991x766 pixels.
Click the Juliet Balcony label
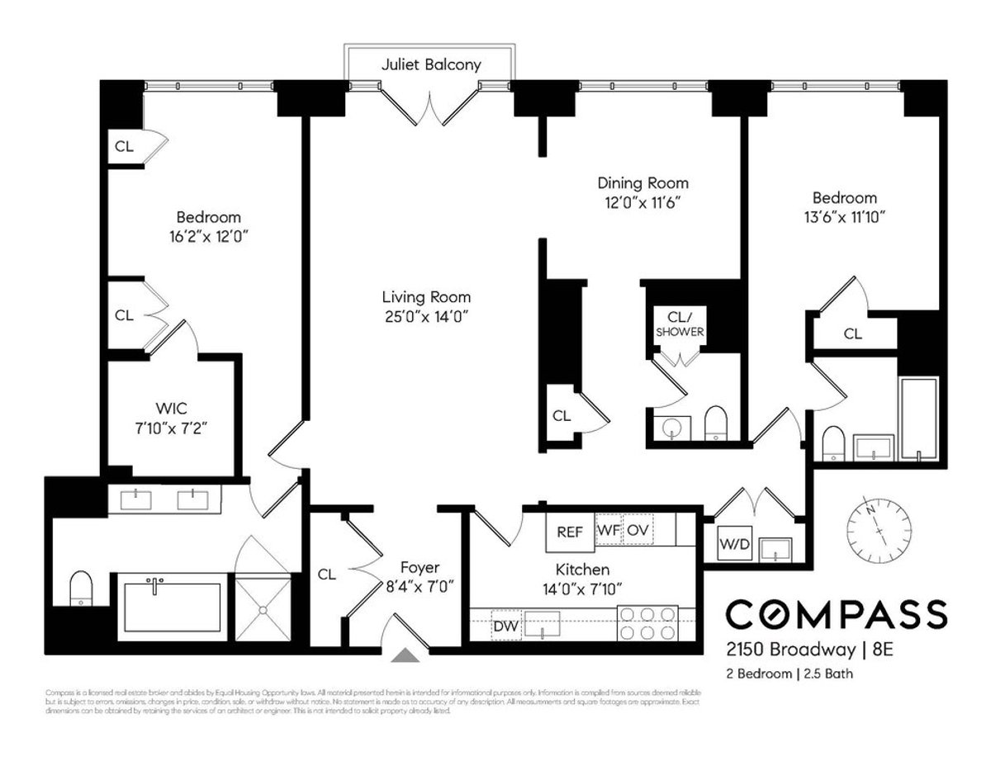pos(430,64)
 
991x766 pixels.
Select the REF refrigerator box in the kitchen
pos(569,532)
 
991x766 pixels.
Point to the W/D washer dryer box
pos(734,545)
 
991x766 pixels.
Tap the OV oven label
pos(637,530)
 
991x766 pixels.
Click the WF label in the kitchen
pos(608,530)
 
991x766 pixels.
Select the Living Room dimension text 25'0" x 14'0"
pos(426,315)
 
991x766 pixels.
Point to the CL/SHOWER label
pos(680,324)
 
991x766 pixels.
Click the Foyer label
pos(420,568)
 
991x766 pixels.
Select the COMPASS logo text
pos(836,614)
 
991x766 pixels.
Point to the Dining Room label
pos(642,183)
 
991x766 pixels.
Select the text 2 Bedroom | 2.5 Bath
pos(789,674)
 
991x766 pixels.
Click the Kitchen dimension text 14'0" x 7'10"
pos(583,589)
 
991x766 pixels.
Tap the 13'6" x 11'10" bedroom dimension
pos(844,216)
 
